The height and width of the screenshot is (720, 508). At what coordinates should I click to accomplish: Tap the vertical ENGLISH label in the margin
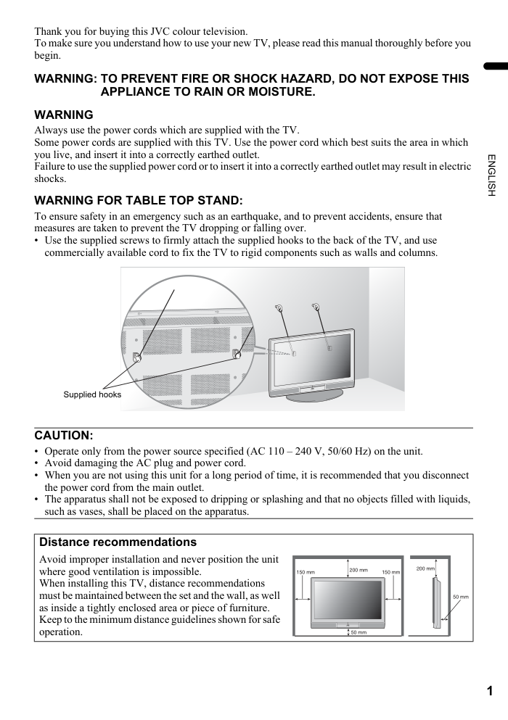[x=491, y=175]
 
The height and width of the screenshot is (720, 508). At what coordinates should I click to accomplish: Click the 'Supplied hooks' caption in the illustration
[x=92, y=394]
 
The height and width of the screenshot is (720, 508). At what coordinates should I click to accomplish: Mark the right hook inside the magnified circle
[x=236, y=354]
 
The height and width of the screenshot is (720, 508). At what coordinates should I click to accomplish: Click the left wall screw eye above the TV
[x=279, y=307]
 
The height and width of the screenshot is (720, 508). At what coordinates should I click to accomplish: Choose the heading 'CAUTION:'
[x=64, y=436]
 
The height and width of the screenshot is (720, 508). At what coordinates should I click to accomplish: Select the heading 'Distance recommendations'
[x=118, y=542]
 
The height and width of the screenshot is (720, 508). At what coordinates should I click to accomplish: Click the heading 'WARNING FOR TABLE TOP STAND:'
[x=139, y=199]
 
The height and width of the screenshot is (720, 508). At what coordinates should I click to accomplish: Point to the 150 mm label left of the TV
[x=305, y=572]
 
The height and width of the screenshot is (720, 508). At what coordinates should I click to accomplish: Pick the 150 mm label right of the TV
[x=390, y=572]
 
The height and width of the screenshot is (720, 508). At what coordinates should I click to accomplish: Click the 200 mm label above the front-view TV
[x=359, y=570]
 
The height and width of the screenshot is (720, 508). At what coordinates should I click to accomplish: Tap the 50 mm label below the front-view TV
[x=359, y=632]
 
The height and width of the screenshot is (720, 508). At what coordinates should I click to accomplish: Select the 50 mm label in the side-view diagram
[x=461, y=597]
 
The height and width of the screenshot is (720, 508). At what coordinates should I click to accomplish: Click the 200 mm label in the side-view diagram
[x=425, y=568]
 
